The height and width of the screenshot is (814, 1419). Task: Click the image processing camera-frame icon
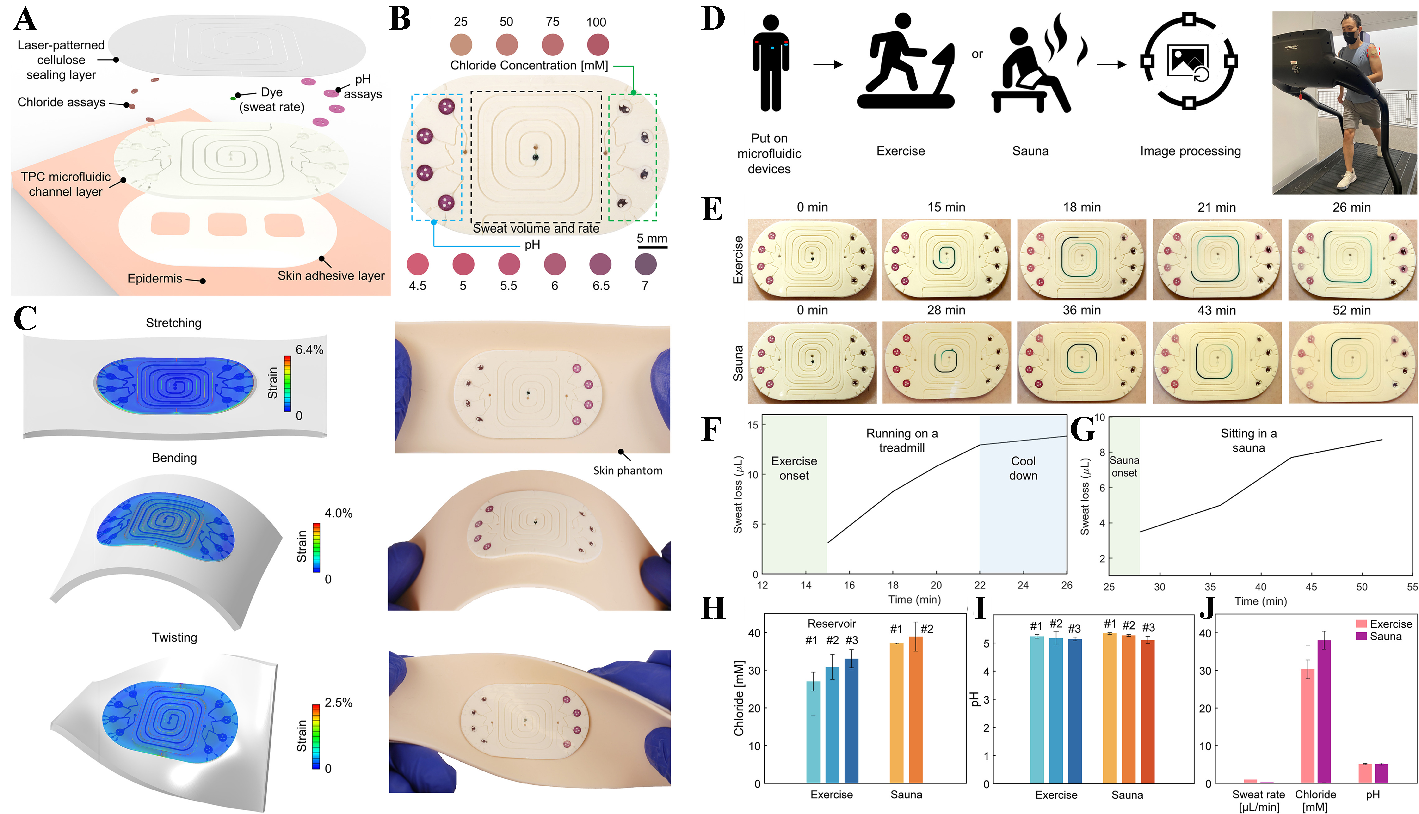(x=1189, y=61)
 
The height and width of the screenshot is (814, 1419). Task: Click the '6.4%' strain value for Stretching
(x=309, y=350)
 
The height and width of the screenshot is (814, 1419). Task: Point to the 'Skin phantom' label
(x=627, y=471)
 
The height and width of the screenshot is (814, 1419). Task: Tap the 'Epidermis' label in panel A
(x=154, y=278)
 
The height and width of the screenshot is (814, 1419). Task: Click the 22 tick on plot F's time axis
(x=980, y=585)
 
